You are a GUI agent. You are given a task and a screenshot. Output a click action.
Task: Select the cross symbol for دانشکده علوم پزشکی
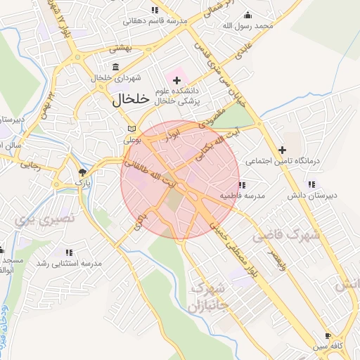[x=176, y=80]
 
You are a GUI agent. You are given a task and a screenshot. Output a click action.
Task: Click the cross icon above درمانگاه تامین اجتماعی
[x=282, y=149]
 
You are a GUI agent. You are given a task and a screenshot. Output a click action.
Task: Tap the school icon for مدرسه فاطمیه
[x=242, y=185]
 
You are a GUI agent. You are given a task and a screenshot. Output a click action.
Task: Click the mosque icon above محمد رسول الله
[x=247, y=15]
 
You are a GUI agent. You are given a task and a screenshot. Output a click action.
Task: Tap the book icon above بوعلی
[x=131, y=128]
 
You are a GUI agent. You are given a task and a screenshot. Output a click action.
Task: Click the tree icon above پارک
[x=83, y=172]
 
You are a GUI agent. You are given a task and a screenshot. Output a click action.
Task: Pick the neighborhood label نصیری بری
[x=34, y=219]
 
